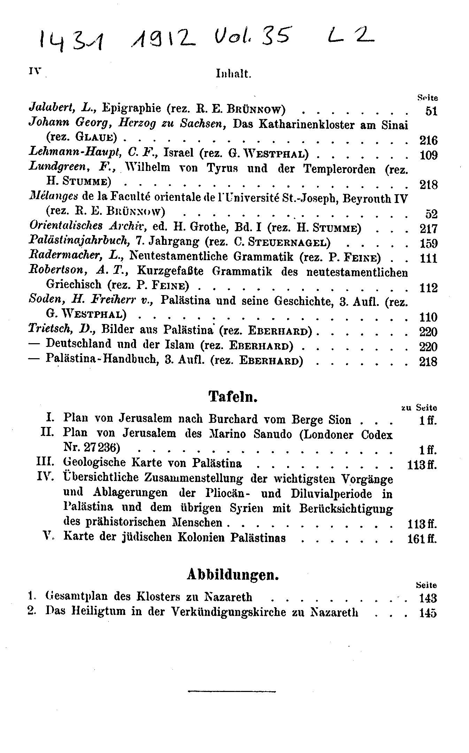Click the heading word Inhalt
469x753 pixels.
[x=233, y=74]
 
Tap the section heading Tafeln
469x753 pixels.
[x=233, y=397]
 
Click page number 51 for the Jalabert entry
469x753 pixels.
[x=431, y=111]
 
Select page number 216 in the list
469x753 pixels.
[x=428, y=140]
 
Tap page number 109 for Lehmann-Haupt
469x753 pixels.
[x=429, y=155]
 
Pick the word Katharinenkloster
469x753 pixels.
[x=306, y=125]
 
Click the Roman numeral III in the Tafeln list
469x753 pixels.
[x=46, y=462]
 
